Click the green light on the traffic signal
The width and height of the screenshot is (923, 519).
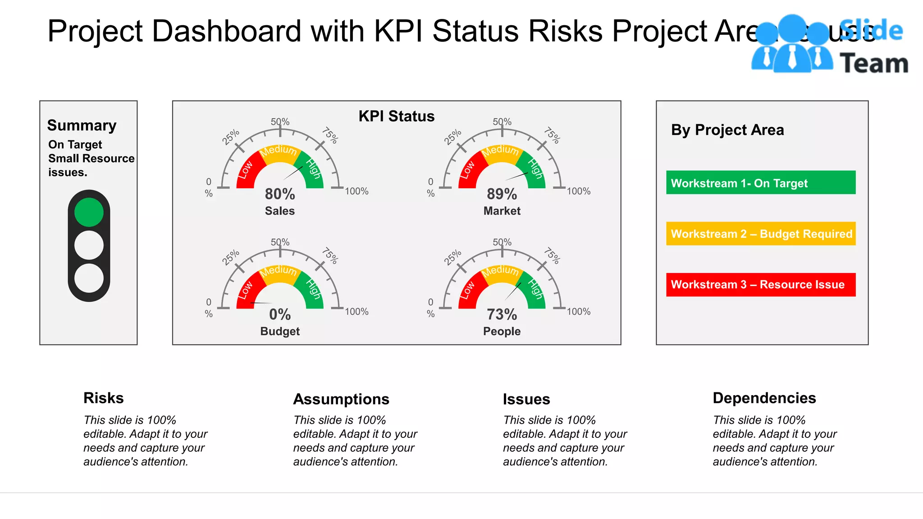click(x=89, y=212)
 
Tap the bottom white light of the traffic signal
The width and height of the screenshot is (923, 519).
click(x=89, y=278)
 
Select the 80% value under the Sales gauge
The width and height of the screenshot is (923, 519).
click(x=280, y=194)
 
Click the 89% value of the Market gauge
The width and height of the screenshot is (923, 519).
click(x=502, y=194)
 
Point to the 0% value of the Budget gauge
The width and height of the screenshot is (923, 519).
click(x=280, y=314)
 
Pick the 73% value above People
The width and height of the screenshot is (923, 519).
click(x=502, y=314)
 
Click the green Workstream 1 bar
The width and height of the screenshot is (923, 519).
click(x=760, y=182)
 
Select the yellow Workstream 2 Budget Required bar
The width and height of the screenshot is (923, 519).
click(x=760, y=233)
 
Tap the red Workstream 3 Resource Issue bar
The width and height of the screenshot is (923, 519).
click(x=760, y=284)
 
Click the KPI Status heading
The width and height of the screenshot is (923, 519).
click(x=396, y=116)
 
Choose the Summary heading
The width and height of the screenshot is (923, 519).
click(x=82, y=125)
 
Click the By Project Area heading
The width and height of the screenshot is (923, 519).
click(x=727, y=130)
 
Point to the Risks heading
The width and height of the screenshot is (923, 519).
click(x=103, y=398)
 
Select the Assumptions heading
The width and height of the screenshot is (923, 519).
click(x=341, y=399)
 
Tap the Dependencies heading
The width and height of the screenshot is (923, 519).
click(x=764, y=398)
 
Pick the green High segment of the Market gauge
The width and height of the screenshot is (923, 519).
click(x=535, y=169)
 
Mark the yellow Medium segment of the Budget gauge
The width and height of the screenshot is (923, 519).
click(x=279, y=271)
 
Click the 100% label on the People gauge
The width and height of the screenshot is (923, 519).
click(x=578, y=312)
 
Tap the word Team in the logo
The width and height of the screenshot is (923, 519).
click(x=873, y=64)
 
